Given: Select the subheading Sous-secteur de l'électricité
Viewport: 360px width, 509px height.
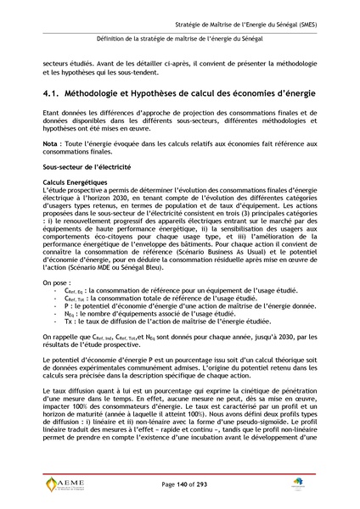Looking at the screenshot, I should coord(86,193).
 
